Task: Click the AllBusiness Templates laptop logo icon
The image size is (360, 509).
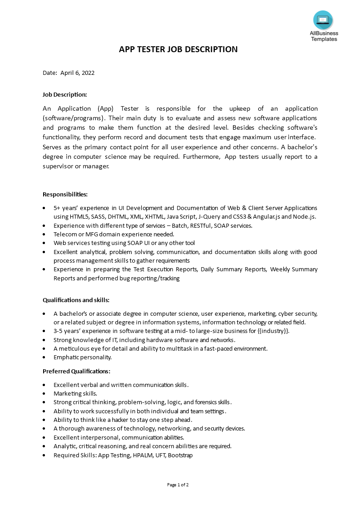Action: pos(323,20)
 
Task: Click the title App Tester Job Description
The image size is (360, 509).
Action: pos(178,49)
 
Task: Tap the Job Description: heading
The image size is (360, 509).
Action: pos(64,94)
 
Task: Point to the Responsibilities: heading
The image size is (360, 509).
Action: pos(65,194)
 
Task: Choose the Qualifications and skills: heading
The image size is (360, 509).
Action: pos(76,300)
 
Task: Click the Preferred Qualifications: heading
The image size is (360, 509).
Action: pos(76,371)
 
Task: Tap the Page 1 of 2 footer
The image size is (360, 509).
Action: pos(178,485)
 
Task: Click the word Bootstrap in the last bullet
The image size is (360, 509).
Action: pos(180,455)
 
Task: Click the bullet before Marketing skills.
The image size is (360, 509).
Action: pos(44,393)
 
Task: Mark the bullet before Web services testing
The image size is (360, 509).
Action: pos(44,243)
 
